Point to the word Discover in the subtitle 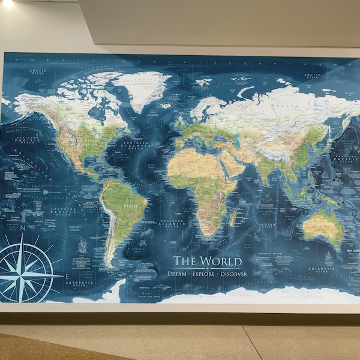(x=234, y=274)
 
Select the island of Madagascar (x=233, y=217)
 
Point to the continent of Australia (x=322, y=226)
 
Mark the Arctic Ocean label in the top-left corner (x=37, y=73)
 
